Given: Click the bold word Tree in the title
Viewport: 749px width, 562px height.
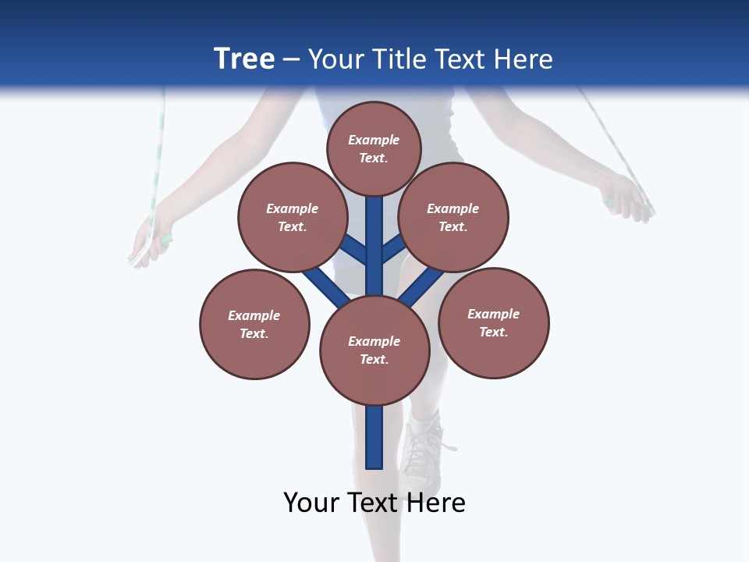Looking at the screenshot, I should coord(244,59).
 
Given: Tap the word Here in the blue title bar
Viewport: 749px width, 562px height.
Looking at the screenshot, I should coord(525,59).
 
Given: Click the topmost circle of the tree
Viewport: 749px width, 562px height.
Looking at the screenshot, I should coord(374,148).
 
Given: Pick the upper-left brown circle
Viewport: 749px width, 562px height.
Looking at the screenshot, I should coord(292,217).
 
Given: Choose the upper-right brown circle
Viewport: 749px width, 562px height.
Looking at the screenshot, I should coord(453,217).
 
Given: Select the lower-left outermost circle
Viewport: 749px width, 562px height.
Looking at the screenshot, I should coord(254,324).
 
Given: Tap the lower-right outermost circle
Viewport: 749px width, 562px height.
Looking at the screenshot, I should coord(493,322).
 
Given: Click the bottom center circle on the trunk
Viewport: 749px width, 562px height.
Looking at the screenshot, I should coord(374,350).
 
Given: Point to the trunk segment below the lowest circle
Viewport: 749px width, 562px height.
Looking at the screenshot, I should coord(374,437).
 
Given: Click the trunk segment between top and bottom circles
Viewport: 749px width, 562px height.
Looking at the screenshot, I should coord(374,246).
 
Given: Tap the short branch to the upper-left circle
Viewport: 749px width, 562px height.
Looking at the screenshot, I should coord(353,248).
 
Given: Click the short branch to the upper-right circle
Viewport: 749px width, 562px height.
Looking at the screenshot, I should coord(393,248).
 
